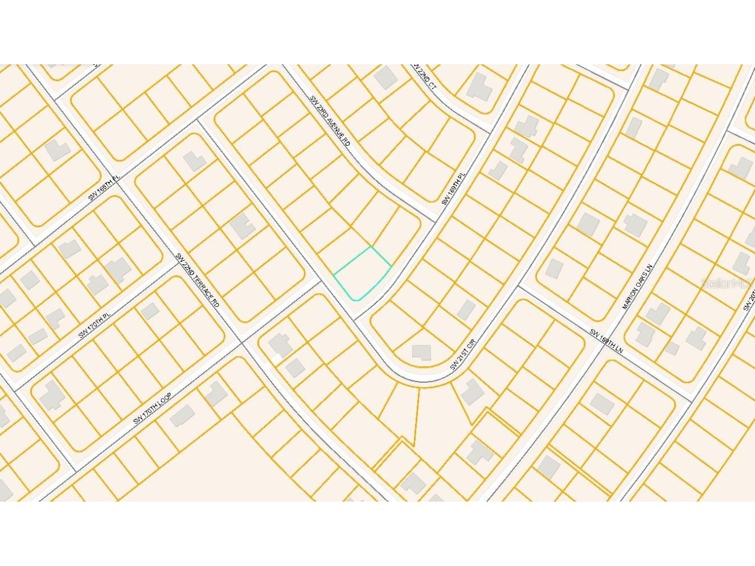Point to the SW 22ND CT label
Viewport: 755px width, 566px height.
[x=424, y=77]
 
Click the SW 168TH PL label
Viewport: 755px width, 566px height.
[x=104, y=188]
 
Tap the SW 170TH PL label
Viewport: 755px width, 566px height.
[x=93, y=325]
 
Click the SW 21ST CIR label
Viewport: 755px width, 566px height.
[x=466, y=354]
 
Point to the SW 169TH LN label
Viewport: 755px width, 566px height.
[x=606, y=342]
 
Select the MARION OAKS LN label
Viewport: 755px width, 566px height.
[x=636, y=286]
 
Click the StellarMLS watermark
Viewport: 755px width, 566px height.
[x=728, y=283]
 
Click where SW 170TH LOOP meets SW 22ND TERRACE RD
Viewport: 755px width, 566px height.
[x=243, y=342]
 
